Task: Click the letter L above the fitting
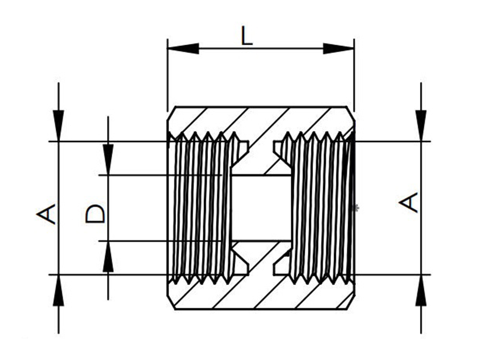tap(247, 36)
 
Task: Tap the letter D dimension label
tap(96, 214)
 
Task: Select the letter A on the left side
tap(46, 214)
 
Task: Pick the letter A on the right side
tap(408, 203)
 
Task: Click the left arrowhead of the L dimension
tap(183, 48)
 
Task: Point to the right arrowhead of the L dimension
tap(338, 48)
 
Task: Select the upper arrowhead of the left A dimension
tap(59, 125)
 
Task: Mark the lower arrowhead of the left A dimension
tap(59, 290)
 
